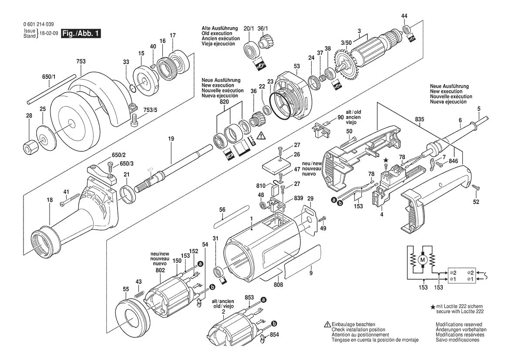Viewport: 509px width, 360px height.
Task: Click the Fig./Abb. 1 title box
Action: pyautogui.click(x=81, y=34)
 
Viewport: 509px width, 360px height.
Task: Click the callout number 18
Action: pyautogui.click(x=50, y=200)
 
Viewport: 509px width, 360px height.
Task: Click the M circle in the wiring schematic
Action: pyautogui.click(x=421, y=260)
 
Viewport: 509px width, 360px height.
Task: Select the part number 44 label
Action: pyautogui.click(x=405, y=16)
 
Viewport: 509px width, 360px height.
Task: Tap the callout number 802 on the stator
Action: pyautogui.click(x=160, y=270)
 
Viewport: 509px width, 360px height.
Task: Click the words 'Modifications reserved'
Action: pyautogui.click(x=459, y=325)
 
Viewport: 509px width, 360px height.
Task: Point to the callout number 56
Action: pyautogui.click(x=222, y=210)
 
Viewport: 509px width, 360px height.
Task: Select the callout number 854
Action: pyautogui.click(x=273, y=334)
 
